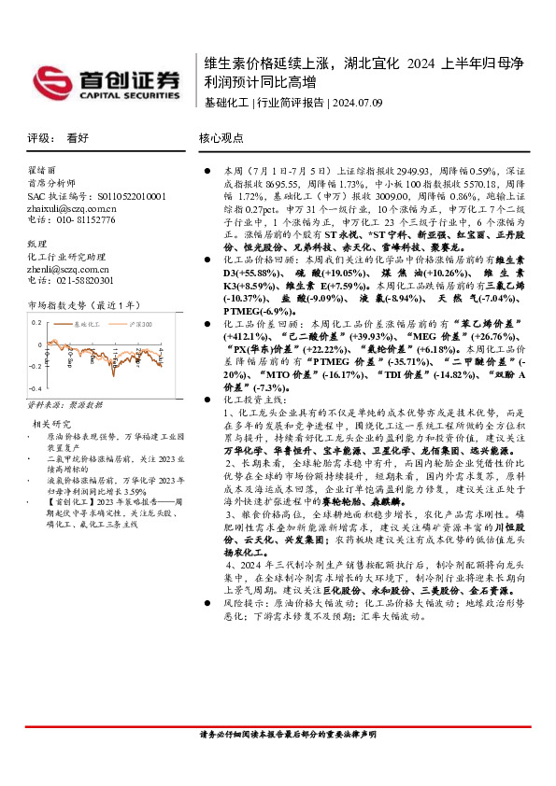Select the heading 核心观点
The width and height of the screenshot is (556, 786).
tap(221, 137)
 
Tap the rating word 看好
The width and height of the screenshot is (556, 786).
tap(78, 137)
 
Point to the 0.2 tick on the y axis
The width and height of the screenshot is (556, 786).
tap(37, 321)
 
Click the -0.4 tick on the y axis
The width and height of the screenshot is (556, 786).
tap(36, 387)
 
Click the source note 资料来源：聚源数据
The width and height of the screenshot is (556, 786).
tap(64, 405)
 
